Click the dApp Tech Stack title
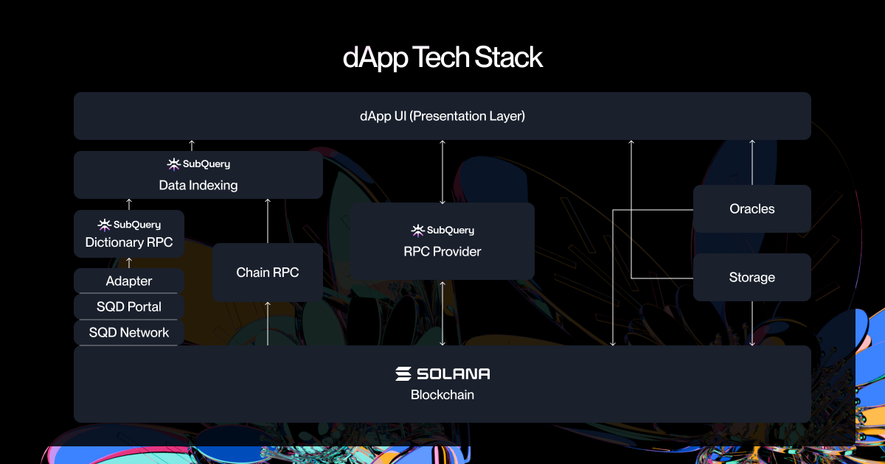[442, 57]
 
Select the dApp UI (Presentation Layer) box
[442, 116]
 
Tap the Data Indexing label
[198, 185]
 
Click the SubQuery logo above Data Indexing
[198, 164]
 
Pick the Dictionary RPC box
[129, 233]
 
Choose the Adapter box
[129, 281]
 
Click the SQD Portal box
[129, 306]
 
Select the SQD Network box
[129, 333]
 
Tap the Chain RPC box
[268, 273]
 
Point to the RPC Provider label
[442, 251]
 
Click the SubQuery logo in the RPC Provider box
[442, 230]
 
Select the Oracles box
[752, 208]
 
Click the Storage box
[752, 278]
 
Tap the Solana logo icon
[403, 373]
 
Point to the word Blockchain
[442, 395]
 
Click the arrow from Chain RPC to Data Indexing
[268, 221]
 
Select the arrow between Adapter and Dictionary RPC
[129, 263]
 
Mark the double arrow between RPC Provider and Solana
[442, 313]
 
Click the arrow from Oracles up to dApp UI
[752, 162]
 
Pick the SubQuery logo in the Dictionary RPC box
[129, 225]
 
